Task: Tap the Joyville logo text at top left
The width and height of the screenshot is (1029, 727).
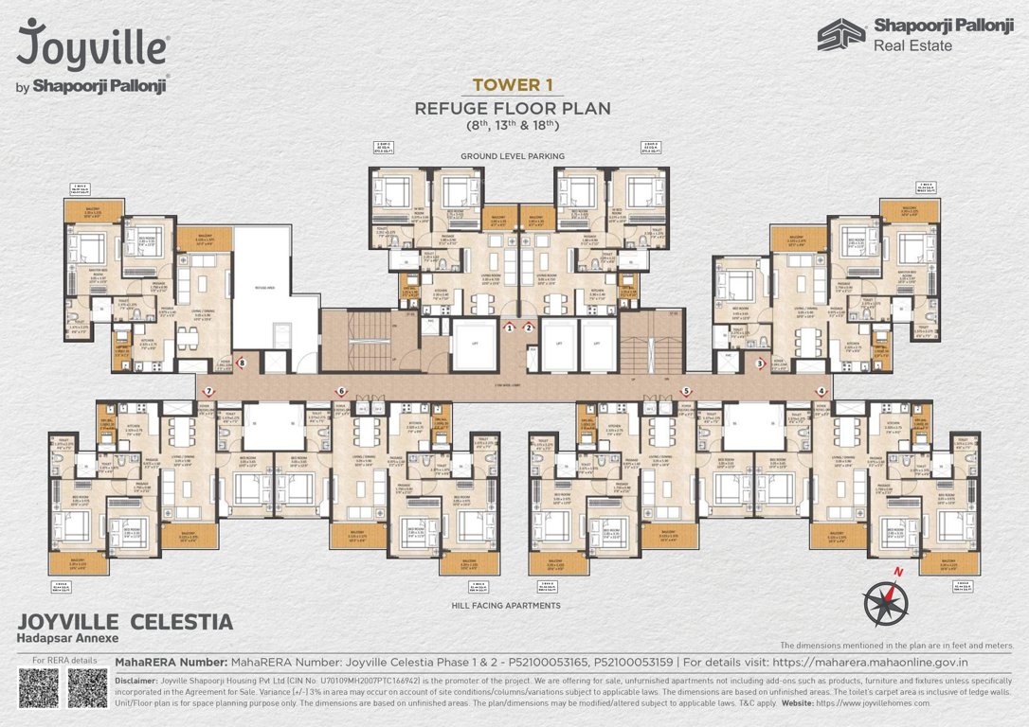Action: (92, 45)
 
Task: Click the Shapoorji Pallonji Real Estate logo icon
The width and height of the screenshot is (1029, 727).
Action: (841, 34)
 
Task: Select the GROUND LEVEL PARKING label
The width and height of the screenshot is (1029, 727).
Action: (512, 155)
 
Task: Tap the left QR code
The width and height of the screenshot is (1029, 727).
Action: (38, 688)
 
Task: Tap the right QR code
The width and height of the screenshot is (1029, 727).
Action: (87, 688)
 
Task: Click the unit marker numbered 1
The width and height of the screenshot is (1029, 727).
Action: (509, 328)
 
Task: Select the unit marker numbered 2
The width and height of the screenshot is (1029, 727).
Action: (529, 328)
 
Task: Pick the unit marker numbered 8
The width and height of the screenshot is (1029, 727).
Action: (243, 362)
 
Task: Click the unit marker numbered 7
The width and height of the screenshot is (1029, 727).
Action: (208, 391)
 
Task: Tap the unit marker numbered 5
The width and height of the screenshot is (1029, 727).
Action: (685, 391)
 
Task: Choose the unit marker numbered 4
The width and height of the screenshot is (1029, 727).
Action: (821, 391)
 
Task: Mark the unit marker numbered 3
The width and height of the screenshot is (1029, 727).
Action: (760, 362)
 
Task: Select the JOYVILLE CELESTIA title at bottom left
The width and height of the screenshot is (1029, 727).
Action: (124, 622)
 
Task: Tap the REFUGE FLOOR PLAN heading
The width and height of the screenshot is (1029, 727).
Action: (512, 108)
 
